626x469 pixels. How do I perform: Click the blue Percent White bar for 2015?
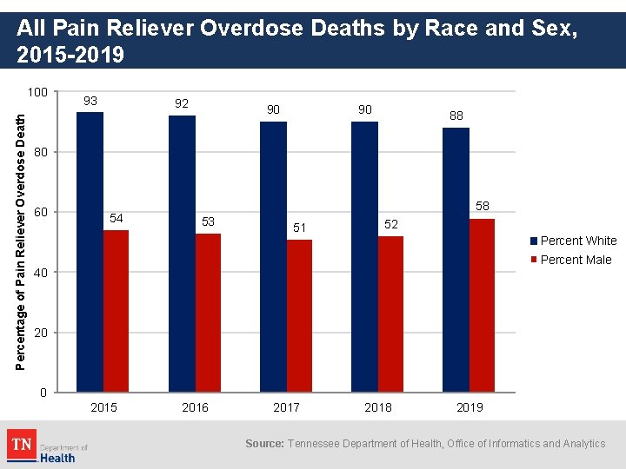point(90,252)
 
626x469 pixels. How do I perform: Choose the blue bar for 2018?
point(364,256)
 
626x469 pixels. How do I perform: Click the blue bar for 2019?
point(456,260)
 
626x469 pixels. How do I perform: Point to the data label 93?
point(90,101)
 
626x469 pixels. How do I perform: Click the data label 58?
point(482,207)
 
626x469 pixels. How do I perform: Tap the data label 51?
point(299,228)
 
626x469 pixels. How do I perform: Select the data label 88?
point(456,116)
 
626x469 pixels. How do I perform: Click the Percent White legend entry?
point(573,241)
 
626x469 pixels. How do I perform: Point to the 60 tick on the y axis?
point(40,213)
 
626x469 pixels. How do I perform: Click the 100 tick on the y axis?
point(37,92)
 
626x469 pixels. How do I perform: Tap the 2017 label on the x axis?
point(286,407)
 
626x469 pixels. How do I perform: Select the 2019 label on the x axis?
point(469,407)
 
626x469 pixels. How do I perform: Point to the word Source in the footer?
point(263,444)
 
